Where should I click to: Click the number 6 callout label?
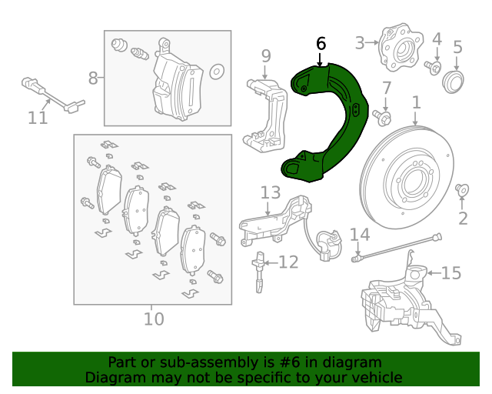click(321, 44)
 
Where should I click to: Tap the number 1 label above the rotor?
click(416, 102)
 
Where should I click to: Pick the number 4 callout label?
click(437, 39)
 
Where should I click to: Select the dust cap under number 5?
click(453, 82)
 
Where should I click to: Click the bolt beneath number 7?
click(382, 118)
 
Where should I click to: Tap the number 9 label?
click(266, 56)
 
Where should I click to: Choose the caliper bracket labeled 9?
click(266, 115)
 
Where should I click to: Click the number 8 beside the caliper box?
click(93, 78)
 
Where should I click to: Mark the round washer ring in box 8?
click(217, 72)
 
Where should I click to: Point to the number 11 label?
click(38, 118)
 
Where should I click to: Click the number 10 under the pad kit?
click(154, 319)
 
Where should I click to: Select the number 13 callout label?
click(271, 192)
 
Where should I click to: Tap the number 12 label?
click(289, 262)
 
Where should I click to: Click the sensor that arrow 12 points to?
click(259, 272)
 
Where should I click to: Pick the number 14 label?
click(360, 235)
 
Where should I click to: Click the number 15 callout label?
click(451, 272)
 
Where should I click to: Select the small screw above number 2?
click(461, 189)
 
